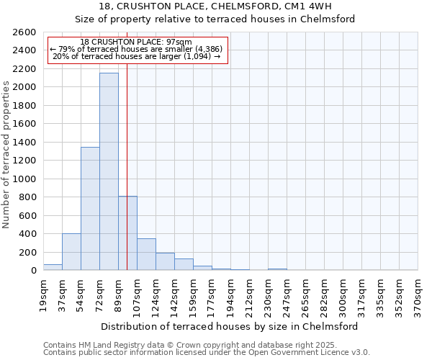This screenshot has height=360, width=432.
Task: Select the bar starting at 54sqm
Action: [90, 209]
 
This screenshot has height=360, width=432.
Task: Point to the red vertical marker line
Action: [127, 144]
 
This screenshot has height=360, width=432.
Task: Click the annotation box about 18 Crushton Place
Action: [136, 50]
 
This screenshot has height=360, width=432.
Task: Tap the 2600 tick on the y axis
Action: [24, 32]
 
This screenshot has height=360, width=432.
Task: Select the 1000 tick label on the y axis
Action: [24, 179]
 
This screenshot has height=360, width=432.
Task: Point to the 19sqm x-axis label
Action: [44, 294]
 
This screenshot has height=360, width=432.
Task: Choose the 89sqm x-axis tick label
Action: [119, 294]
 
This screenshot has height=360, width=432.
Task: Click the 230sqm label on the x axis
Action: [269, 296]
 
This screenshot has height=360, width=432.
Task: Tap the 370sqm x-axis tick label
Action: [418, 296]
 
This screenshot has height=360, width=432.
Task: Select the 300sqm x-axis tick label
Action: [343, 296]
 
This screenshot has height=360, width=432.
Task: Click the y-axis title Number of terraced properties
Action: [7, 154]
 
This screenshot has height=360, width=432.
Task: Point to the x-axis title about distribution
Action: [230, 326]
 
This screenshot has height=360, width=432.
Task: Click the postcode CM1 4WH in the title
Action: [312, 6]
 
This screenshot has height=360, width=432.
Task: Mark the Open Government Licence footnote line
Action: [207, 353]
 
